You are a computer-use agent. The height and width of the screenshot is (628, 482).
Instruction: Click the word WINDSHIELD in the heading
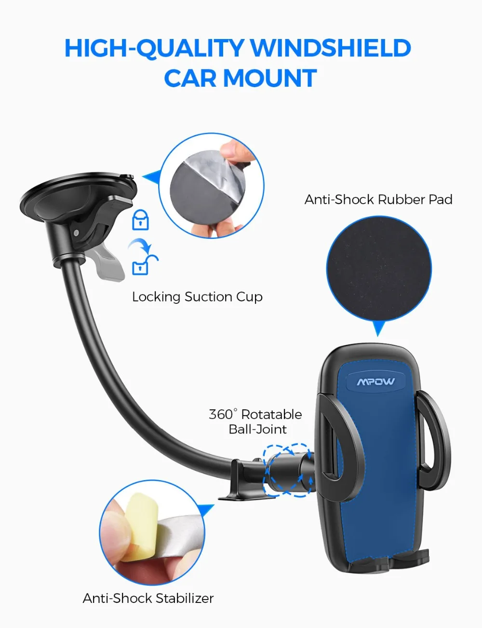coord(331,48)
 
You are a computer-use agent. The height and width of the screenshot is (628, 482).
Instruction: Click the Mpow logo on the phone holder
coord(375,382)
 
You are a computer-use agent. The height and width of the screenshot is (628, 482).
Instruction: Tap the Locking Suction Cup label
coord(197,297)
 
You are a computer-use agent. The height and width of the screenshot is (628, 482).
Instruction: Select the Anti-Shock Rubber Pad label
coord(378,199)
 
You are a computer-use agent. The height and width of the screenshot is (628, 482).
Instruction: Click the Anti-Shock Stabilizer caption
coord(148,598)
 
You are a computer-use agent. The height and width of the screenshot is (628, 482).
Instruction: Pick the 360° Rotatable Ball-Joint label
coord(255,421)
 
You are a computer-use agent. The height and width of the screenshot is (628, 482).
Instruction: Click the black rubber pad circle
coord(378,269)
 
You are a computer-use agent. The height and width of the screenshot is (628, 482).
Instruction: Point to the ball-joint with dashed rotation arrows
coord(288,471)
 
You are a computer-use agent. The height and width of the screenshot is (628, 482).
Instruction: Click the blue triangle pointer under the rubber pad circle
coord(379,329)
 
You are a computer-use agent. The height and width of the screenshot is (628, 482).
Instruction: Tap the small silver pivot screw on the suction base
coord(76,233)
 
